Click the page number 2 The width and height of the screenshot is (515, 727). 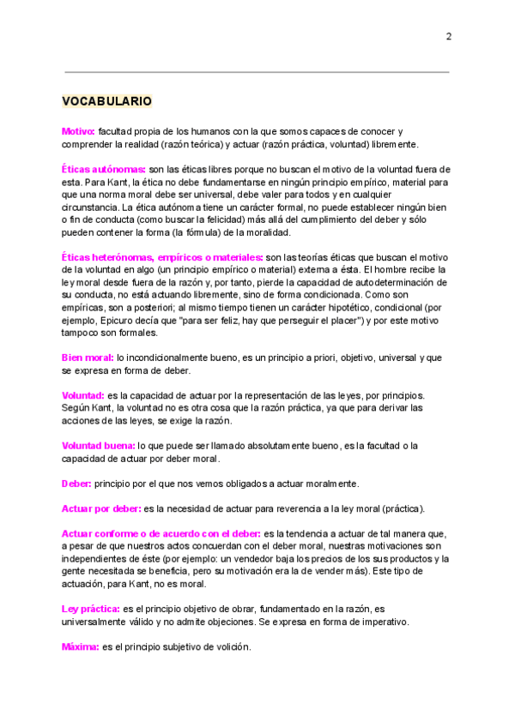pos(448,37)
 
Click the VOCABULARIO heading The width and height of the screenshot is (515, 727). pos(107,101)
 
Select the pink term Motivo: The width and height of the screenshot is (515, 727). pos(78,131)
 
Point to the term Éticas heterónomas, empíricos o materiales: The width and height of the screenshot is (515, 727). pos(162,256)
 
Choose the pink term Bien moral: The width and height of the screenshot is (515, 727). pos(88,357)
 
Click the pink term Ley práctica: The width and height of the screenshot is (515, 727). pos(91,609)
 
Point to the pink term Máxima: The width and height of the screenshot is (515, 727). pos(81,646)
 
